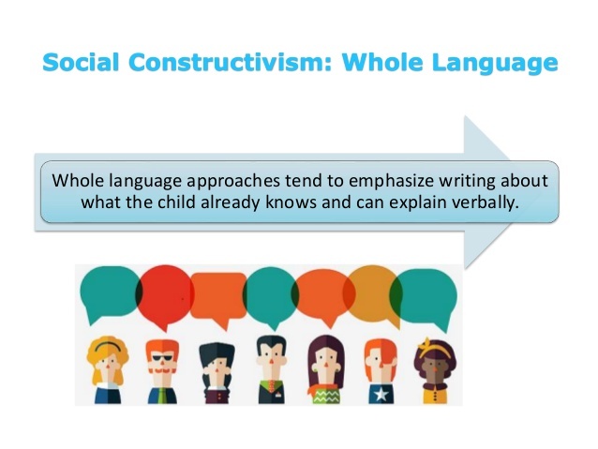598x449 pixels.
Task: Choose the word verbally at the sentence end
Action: tap(481, 202)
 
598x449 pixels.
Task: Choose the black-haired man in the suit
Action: tap(270, 366)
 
